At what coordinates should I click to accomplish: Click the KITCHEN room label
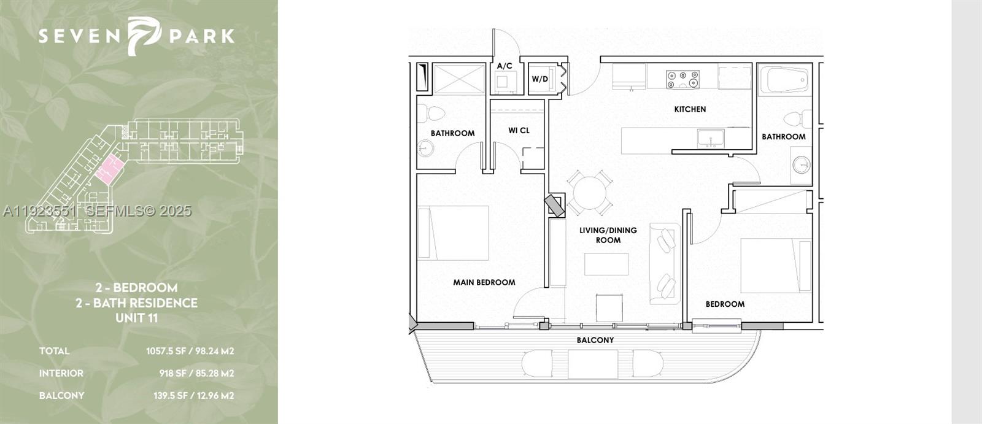[690, 109]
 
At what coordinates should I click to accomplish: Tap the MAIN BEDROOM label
[484, 282]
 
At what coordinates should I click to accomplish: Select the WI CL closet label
[519, 131]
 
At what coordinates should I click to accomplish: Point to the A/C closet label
[505, 66]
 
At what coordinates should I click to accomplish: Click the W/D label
[539, 79]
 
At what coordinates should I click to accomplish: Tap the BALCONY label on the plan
[595, 340]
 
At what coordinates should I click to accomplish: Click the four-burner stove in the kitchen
[682, 79]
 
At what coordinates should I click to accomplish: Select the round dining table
[589, 193]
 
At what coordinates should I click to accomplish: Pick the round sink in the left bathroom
[425, 148]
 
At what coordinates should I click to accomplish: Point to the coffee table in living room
[606, 264]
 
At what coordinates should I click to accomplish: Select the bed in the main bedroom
[454, 233]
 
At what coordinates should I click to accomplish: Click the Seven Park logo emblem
[142, 35]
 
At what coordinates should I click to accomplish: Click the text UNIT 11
[136, 318]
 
